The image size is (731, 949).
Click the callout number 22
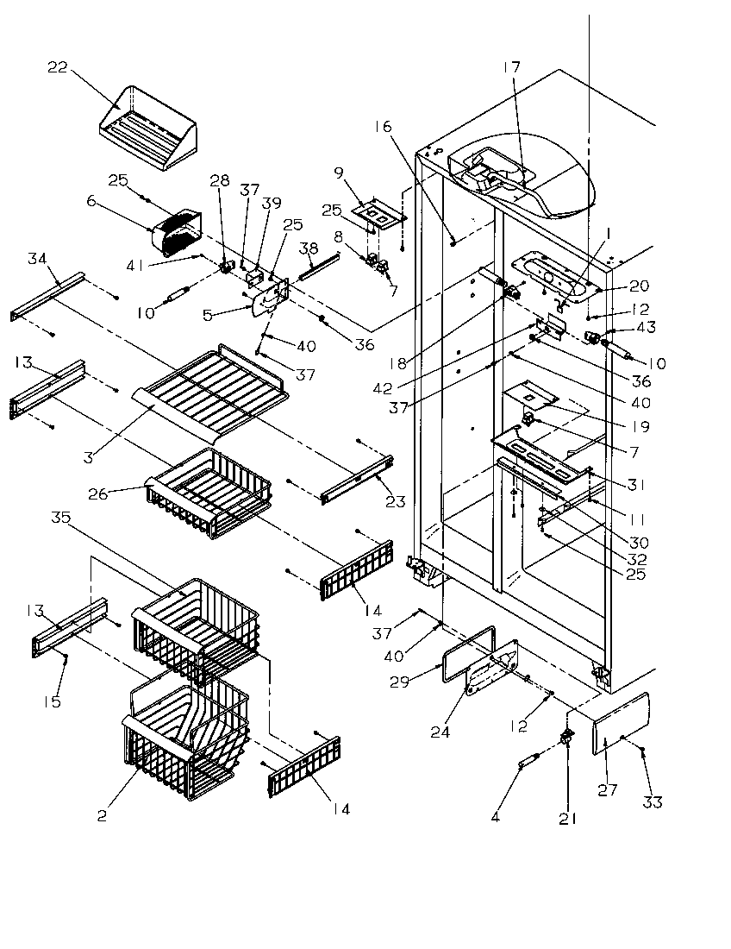(x=57, y=69)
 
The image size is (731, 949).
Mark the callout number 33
(x=653, y=802)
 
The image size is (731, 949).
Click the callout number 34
(x=36, y=259)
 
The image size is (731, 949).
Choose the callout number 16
(x=383, y=127)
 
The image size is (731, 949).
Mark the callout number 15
(x=53, y=701)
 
